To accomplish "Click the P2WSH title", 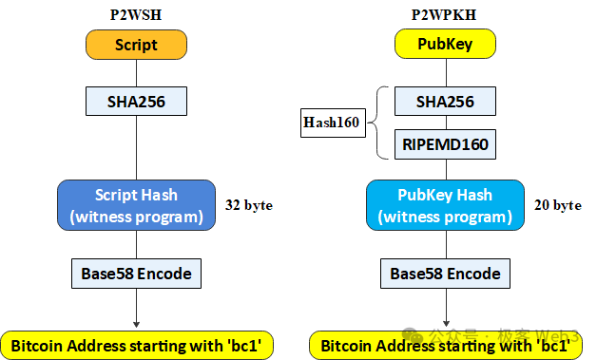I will coord(136,13).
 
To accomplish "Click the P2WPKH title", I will coord(445,13).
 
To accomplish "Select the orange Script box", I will coord(136,45).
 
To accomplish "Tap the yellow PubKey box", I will coord(445,44).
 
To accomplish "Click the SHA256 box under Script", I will coord(136,100).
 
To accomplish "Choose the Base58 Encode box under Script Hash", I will coord(136,274).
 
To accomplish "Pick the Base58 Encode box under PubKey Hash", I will coord(445,274).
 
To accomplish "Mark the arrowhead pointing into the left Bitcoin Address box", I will coord(136,325).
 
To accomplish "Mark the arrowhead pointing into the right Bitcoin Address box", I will coord(445,325).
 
